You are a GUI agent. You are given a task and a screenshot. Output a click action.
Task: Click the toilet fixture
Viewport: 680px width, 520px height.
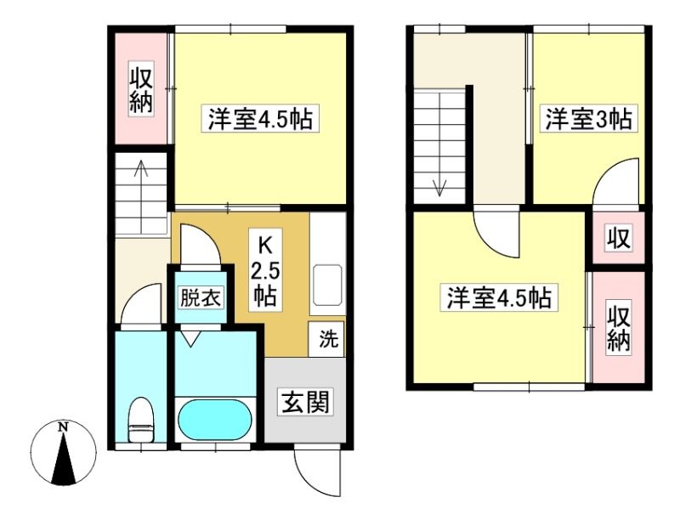pos(141,420)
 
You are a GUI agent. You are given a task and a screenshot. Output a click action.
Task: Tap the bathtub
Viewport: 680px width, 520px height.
pos(215,420)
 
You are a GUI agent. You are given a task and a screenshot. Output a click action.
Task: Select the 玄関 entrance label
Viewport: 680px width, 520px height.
pos(306,402)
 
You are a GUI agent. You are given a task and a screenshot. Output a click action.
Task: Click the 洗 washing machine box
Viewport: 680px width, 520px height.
pos(326,339)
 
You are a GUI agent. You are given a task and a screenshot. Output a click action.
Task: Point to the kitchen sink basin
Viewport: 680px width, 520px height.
pos(327,285)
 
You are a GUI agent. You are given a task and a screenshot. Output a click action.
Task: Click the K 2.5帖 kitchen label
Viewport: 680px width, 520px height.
pos(264,270)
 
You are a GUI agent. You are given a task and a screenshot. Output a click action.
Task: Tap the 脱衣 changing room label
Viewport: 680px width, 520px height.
pos(201,297)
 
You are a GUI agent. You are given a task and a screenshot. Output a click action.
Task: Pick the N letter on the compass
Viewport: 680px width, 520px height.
pos(64,427)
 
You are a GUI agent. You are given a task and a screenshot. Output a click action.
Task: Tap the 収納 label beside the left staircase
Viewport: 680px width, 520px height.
pos(141,91)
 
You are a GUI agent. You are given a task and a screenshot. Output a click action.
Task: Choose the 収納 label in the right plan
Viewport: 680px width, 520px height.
pos(618,331)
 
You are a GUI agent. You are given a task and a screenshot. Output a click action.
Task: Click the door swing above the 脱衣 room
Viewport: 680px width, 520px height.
pos(208,236)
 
